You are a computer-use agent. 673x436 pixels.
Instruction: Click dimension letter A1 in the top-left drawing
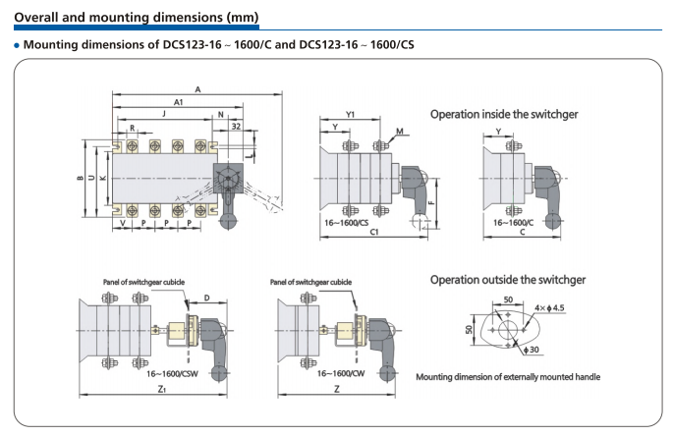(x=179, y=102)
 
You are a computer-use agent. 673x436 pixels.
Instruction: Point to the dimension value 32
(x=236, y=127)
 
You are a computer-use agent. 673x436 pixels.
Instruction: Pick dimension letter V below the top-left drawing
(x=122, y=224)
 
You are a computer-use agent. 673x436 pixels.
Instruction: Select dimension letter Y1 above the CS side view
(x=351, y=114)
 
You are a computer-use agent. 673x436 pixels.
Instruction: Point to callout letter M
(x=400, y=131)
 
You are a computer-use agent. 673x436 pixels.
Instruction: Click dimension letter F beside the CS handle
(x=432, y=203)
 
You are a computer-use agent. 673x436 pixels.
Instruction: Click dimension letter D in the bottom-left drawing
(x=207, y=296)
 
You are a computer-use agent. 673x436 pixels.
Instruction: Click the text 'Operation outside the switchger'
(x=507, y=280)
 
